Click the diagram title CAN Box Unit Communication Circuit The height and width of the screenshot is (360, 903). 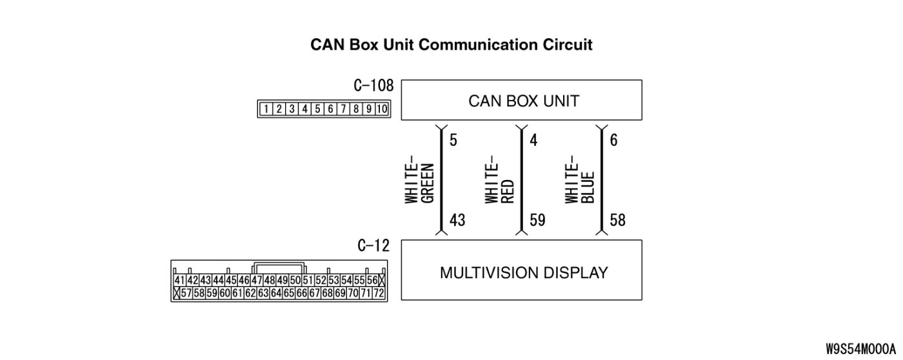pos(451,45)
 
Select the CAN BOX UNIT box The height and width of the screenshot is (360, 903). pos(521,101)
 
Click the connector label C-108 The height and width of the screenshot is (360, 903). pos(374,86)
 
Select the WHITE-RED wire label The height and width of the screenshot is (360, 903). pos(500,183)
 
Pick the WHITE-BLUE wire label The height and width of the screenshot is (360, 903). pos(580,183)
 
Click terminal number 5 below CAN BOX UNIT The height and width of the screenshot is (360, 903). pos(453,140)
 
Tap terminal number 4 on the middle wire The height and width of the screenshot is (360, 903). pos(533,140)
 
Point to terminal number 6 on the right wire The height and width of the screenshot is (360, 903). pos(613,140)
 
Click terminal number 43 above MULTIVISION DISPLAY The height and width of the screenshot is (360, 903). pos(457,221)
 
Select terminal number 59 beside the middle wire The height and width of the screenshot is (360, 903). pos(537,221)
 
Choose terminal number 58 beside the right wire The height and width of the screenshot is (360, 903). pos(617,221)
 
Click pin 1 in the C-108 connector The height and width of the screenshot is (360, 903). pos(266,109)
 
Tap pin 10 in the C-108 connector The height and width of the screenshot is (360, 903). pos(381,109)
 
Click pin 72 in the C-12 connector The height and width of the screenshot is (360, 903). pos(379,294)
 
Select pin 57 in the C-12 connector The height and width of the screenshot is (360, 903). pos(186,294)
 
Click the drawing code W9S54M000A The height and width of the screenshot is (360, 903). pos(861,349)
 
